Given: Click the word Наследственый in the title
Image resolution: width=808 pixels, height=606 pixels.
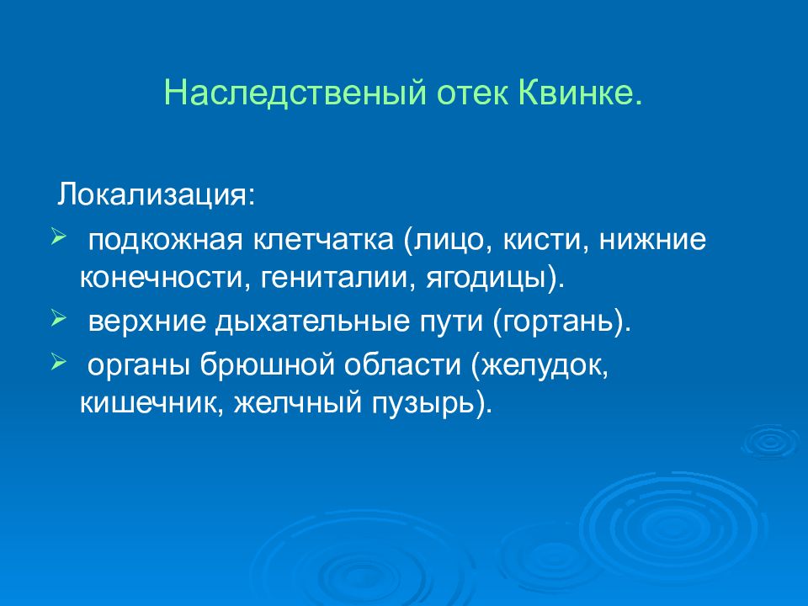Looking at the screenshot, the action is coord(295,93).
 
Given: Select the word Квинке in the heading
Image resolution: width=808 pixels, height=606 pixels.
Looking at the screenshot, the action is coord(576,93).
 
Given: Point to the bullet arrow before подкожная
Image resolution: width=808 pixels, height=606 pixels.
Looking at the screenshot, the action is coord(56,237).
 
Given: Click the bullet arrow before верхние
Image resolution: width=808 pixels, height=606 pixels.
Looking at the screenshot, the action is coord(56,320).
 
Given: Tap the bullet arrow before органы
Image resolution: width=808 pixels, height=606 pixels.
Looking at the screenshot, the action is coord(56,364).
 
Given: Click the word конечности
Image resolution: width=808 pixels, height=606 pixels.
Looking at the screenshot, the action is coord(161,279).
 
